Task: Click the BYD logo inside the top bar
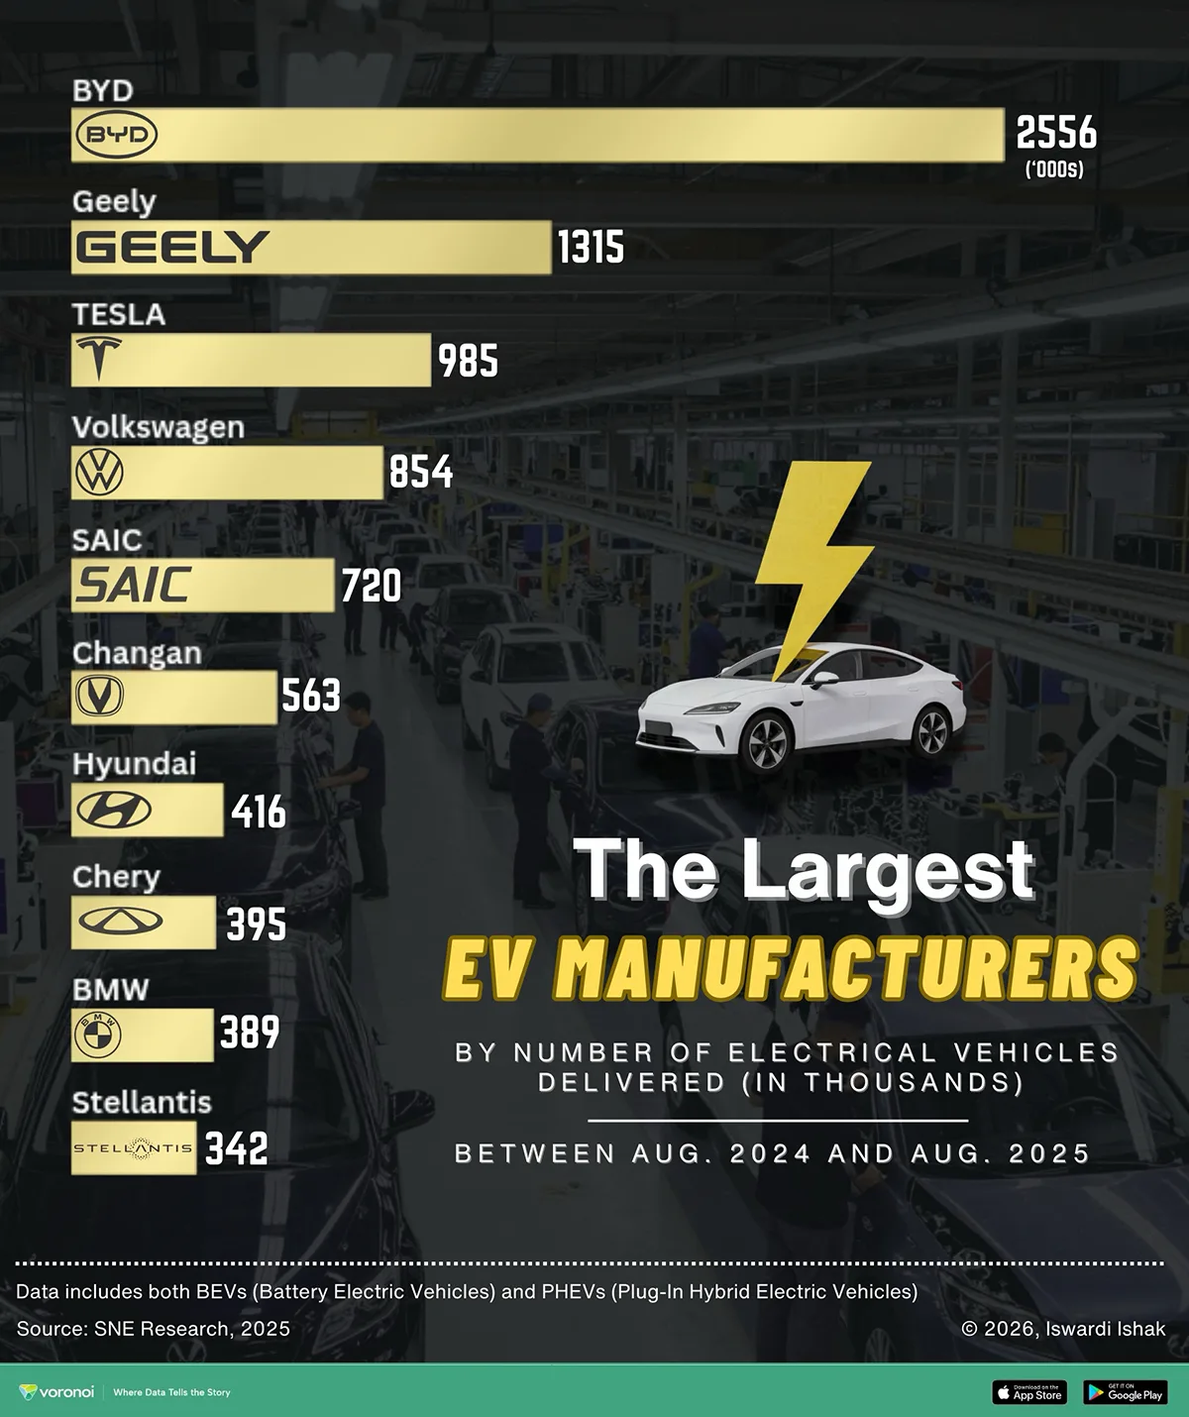(117, 136)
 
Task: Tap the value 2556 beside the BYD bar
(1056, 133)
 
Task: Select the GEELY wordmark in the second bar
(172, 248)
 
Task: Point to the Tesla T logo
(98, 359)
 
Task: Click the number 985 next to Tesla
(468, 361)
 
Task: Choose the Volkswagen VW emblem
(99, 473)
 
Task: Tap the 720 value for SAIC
(371, 586)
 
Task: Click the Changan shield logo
(99, 697)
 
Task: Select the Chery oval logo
(120, 923)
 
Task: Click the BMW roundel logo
(98, 1035)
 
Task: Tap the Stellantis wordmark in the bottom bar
(134, 1148)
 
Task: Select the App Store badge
(1028, 1392)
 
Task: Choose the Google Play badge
(1126, 1392)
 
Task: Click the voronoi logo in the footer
(57, 1392)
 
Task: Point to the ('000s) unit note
(1054, 169)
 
